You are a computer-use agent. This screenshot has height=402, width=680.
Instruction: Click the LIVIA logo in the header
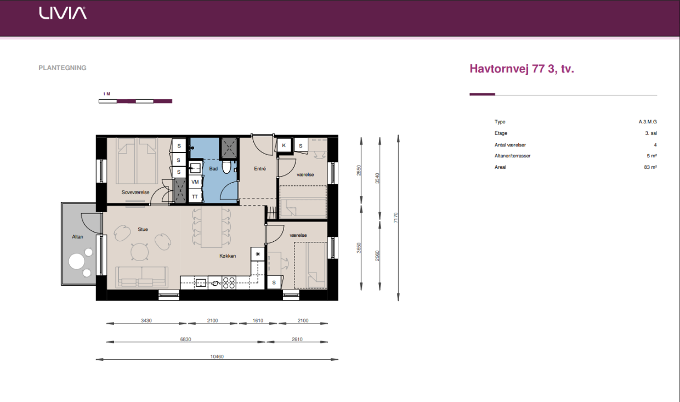pos(63,13)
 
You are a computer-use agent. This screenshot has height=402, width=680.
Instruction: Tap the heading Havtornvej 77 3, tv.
pos(522,69)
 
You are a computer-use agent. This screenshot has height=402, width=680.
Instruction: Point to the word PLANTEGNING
pos(62,67)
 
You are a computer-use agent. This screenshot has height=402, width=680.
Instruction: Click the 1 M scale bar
pos(135,101)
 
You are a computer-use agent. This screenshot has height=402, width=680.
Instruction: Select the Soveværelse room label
pos(135,192)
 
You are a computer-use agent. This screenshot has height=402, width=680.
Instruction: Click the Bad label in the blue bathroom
pos(213,168)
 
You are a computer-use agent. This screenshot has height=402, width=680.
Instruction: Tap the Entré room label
pos(260,168)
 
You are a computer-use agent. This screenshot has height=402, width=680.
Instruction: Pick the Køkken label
pos(228,256)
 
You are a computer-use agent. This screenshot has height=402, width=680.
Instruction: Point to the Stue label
pos(143,229)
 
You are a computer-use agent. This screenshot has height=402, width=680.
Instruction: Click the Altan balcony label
pos(77,236)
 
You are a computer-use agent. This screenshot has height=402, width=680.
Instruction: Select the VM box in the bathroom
pos(195,182)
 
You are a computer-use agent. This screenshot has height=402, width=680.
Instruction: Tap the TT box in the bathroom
pos(195,196)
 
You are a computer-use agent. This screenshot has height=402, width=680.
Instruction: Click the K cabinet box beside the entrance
pos(284,145)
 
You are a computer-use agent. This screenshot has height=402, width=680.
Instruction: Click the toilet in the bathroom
pos(226,167)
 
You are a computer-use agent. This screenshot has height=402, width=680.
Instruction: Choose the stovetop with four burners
pos(229,282)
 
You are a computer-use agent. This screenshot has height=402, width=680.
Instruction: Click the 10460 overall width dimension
pos(217,356)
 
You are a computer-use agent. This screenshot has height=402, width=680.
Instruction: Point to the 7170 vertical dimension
pos(395,218)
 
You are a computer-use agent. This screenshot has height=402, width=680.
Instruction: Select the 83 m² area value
pos(650,167)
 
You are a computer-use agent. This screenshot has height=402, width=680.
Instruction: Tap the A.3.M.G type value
pos(648,122)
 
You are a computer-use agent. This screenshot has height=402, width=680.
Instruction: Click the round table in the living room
pos(140,252)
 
